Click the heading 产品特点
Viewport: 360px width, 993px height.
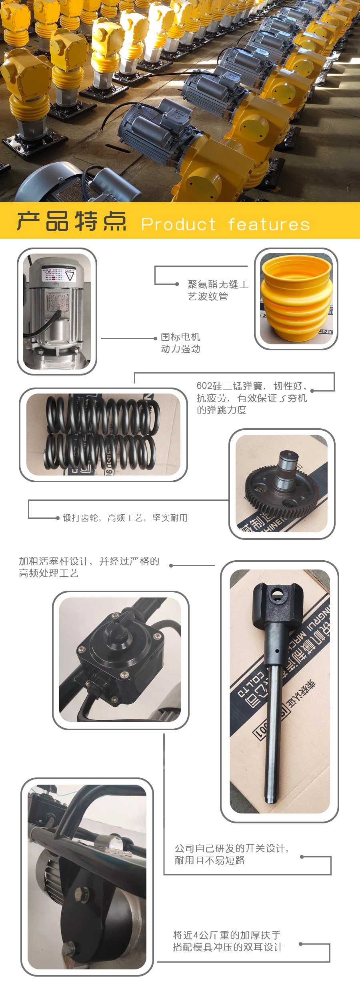[x=72, y=221]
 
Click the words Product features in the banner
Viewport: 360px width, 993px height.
[x=225, y=224]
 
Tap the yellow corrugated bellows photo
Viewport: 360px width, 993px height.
[x=296, y=299]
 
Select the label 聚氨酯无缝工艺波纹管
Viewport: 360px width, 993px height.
[x=218, y=290]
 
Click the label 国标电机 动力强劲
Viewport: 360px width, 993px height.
[x=180, y=343]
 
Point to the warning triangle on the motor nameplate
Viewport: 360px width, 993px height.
[x=70, y=276]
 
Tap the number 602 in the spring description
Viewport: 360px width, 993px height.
[x=204, y=386]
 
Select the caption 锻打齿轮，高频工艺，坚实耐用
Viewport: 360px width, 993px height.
[x=125, y=518]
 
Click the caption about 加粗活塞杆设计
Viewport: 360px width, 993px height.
[x=89, y=567]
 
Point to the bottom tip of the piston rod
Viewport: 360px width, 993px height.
[x=271, y=800]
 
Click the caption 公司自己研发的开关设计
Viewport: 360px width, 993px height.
[x=231, y=854]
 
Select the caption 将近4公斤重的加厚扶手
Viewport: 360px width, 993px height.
[x=227, y=941]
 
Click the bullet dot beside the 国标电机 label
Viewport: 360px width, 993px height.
[x=156, y=338]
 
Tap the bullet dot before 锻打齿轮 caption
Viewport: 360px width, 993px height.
[x=58, y=518]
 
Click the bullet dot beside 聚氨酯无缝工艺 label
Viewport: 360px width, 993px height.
[x=177, y=284]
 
